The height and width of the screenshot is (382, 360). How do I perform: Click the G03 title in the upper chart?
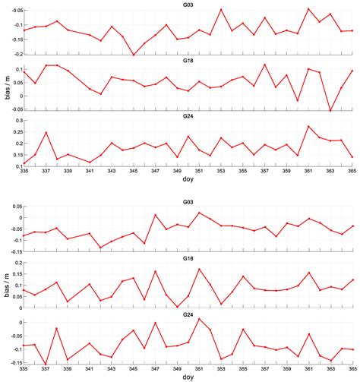[188, 5]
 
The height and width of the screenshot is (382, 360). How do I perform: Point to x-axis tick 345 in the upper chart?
[133, 172]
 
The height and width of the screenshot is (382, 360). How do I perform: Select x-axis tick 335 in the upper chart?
[24, 172]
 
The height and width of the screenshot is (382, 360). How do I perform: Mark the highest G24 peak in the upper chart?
[308, 126]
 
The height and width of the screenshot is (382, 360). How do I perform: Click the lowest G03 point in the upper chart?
[134, 55]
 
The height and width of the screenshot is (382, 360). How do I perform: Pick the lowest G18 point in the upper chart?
[330, 111]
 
